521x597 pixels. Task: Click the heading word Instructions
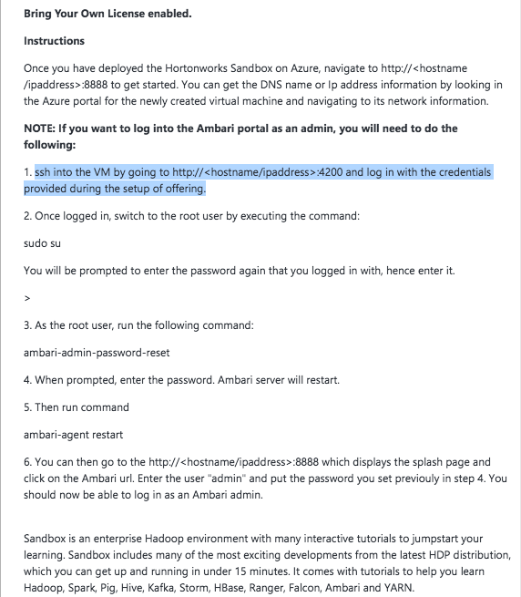pyautogui.click(x=54, y=41)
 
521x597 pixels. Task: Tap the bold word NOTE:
pyautogui.click(x=42, y=129)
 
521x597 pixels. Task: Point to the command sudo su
pyautogui.click(x=43, y=244)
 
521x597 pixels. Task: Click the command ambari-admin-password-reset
pyautogui.click(x=97, y=353)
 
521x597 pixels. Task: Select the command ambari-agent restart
pyautogui.click(x=73, y=435)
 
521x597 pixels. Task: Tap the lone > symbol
pyautogui.click(x=27, y=298)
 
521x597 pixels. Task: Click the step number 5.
pyautogui.click(x=27, y=407)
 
